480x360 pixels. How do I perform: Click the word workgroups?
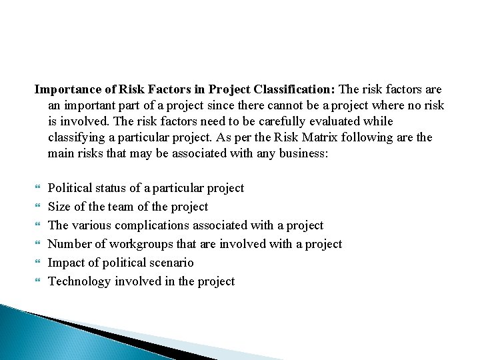pyautogui.click(x=140, y=244)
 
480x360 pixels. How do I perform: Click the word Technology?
pyautogui.click(x=79, y=281)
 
